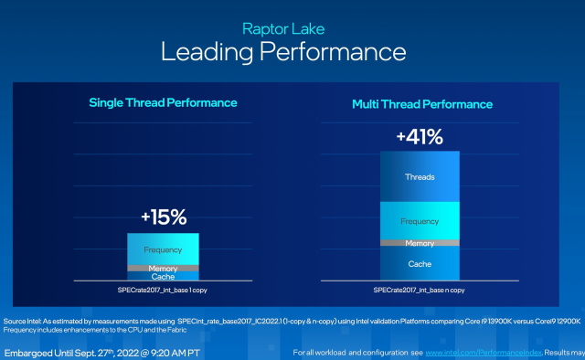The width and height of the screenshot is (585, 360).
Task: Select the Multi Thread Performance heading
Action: (x=422, y=104)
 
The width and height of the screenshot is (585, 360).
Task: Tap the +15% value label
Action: (x=163, y=217)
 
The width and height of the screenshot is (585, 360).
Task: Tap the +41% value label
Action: (x=420, y=138)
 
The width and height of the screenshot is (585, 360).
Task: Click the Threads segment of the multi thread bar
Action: (x=420, y=176)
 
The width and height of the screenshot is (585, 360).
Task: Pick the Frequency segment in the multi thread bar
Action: (x=420, y=220)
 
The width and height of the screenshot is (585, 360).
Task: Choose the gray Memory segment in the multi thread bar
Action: (x=420, y=242)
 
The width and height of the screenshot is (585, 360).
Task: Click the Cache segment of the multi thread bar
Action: (x=420, y=263)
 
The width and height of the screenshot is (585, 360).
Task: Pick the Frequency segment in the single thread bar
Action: (x=163, y=249)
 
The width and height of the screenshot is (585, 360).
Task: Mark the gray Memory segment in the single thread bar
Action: (x=163, y=268)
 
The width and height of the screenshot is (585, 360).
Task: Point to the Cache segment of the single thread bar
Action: (x=163, y=276)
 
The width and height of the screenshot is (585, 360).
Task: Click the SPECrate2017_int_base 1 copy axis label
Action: (x=163, y=290)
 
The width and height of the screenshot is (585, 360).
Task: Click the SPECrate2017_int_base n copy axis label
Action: (x=420, y=290)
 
